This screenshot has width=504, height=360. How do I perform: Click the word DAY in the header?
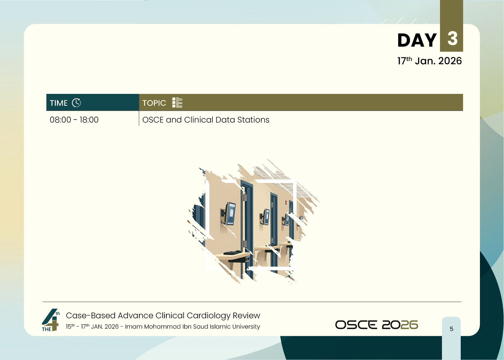(417, 40)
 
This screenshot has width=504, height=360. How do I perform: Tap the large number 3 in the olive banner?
(452, 38)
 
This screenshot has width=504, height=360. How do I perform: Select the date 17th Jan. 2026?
(429, 61)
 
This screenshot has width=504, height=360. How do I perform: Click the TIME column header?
(59, 103)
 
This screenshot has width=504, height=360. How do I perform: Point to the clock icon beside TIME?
(76, 103)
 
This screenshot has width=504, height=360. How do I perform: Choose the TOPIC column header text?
(154, 103)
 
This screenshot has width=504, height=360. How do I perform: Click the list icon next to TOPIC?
(177, 103)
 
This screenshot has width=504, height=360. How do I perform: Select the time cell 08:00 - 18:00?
(74, 120)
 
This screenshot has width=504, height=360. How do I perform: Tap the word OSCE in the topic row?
(153, 120)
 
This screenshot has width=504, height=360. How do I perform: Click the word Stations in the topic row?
(253, 120)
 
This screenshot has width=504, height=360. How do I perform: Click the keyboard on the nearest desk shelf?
(232, 253)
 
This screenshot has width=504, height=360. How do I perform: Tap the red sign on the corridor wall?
(286, 203)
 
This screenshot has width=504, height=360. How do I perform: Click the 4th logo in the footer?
(50, 320)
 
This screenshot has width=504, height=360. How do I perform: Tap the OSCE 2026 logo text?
(376, 325)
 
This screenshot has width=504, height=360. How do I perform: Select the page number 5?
(451, 329)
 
